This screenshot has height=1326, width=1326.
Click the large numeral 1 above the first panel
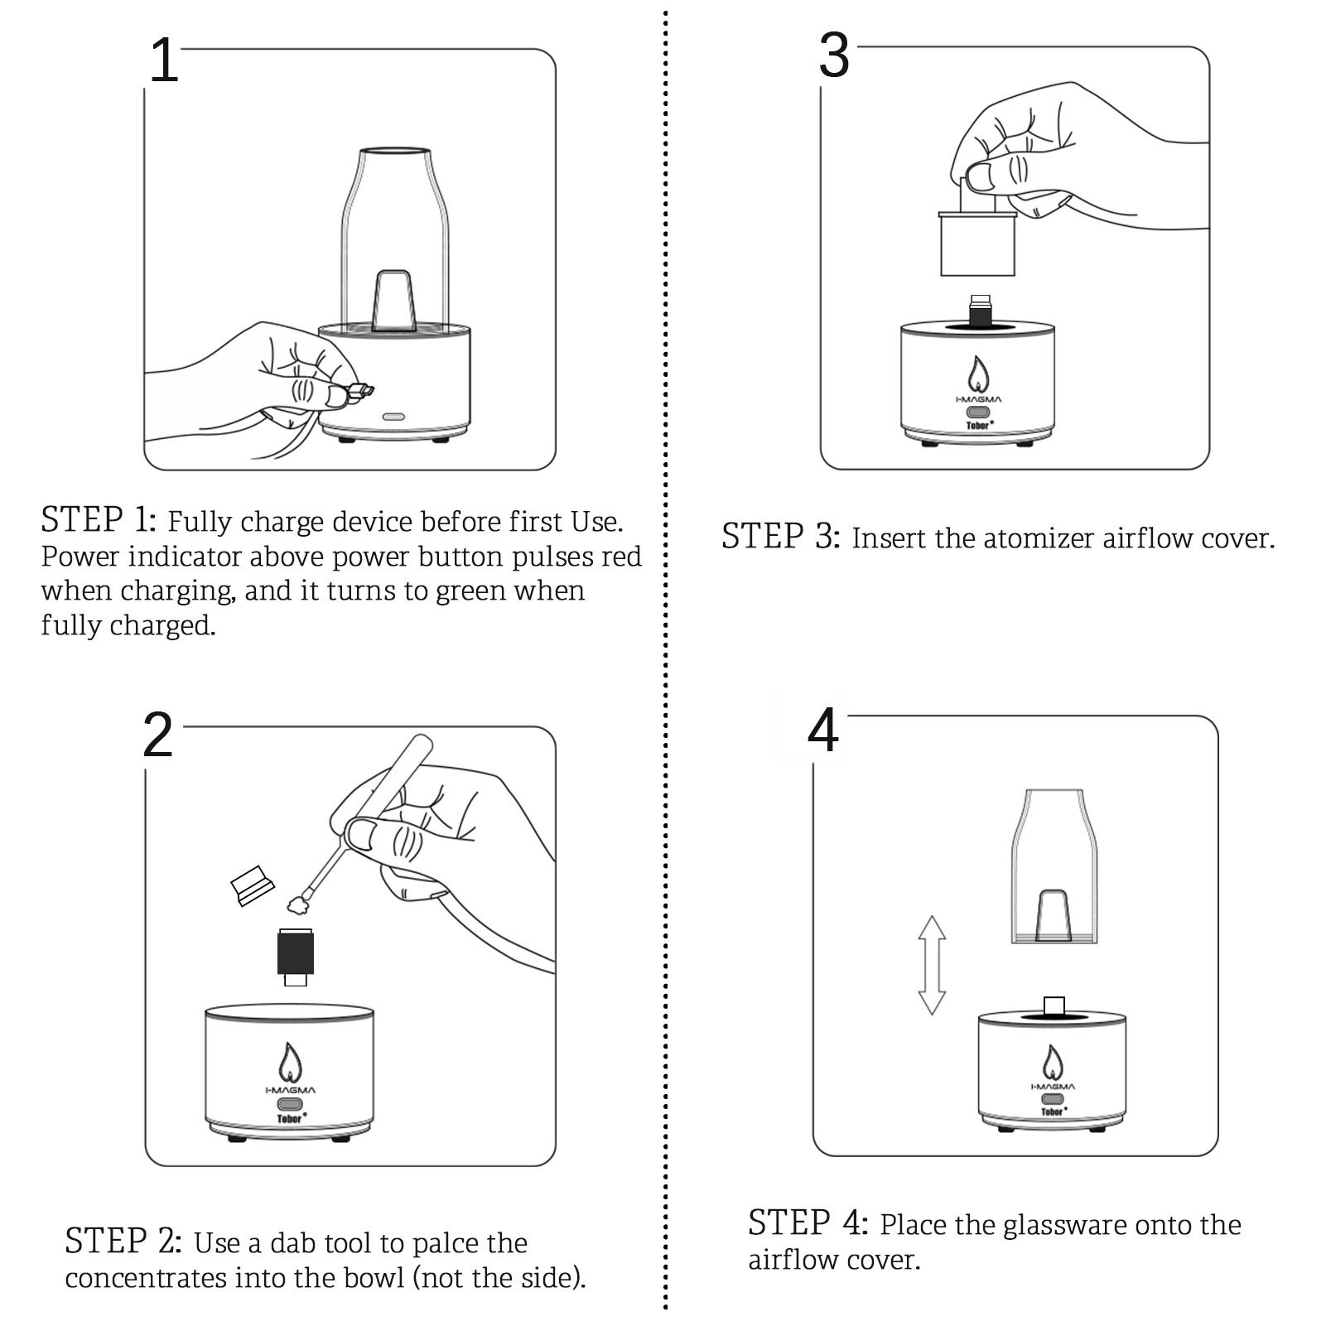click(164, 61)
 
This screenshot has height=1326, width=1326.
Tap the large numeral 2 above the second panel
click(157, 735)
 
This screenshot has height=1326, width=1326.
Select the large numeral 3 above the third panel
click(834, 56)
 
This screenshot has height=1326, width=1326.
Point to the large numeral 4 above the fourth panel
click(823, 731)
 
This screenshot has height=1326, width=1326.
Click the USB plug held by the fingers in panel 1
click(361, 390)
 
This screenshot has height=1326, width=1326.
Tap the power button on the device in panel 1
click(392, 416)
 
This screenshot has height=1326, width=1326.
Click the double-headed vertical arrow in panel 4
click(932, 965)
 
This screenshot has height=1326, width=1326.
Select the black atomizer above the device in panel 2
click(295, 952)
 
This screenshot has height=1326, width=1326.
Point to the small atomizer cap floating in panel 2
click(252, 885)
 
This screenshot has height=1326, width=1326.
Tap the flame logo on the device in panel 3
click(978, 374)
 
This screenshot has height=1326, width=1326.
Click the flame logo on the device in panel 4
click(1052, 1063)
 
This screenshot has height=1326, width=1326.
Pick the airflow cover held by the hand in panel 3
click(977, 244)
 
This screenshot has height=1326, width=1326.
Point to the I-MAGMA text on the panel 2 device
click(290, 1090)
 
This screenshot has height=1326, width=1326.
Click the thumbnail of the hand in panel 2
click(361, 833)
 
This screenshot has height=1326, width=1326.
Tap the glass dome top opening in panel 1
click(394, 151)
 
